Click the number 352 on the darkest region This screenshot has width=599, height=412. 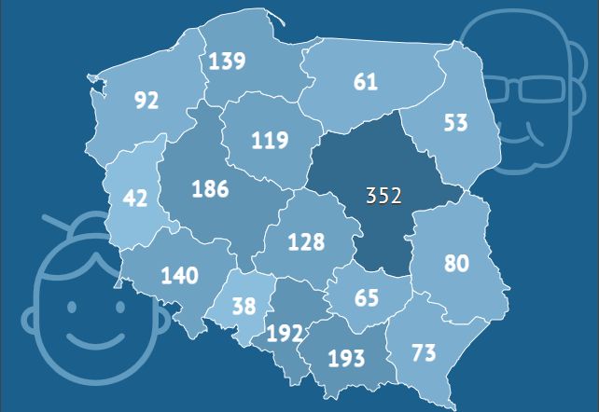pos(383,196)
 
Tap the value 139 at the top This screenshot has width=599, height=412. pos(227,62)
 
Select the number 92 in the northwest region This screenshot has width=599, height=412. pos(146,100)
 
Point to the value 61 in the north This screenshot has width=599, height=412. pos(366,82)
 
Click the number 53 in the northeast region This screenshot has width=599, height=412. pos(456,122)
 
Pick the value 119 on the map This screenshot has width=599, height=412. pos(270,142)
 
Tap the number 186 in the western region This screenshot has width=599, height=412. pos(210,189)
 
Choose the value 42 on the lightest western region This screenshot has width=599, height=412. pos(135,199)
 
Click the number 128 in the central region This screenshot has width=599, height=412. pos(306,242)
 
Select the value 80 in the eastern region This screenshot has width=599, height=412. pos(456,264)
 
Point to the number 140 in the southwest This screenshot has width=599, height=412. pos(179,275)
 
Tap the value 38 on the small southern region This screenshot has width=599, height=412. pos(244,306)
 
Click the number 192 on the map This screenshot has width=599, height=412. pos(285,334)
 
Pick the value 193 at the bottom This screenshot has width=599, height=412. pos(346,358)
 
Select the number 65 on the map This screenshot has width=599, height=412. pos(367,299)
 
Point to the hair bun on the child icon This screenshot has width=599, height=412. pos(89,223)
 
